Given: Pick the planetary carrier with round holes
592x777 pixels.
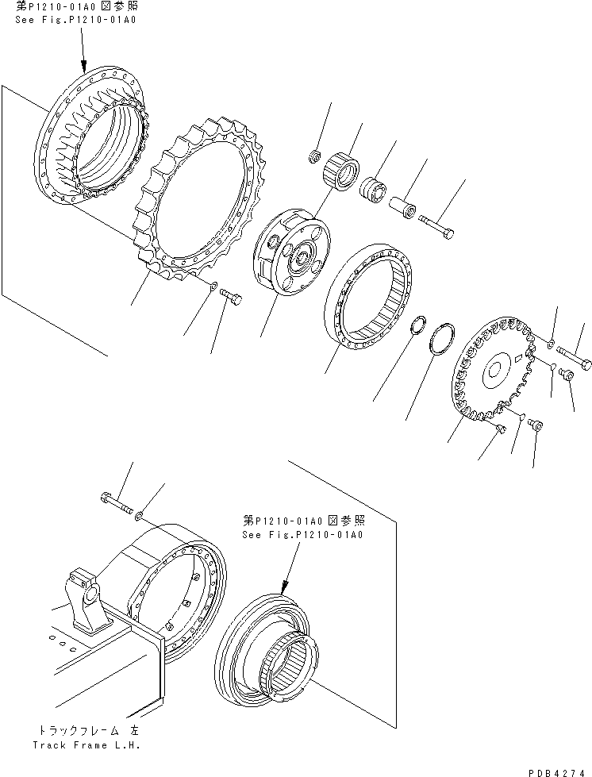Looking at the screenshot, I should pyautogui.click(x=290, y=253).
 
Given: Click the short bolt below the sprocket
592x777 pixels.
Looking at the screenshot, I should pyautogui.click(x=231, y=298).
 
